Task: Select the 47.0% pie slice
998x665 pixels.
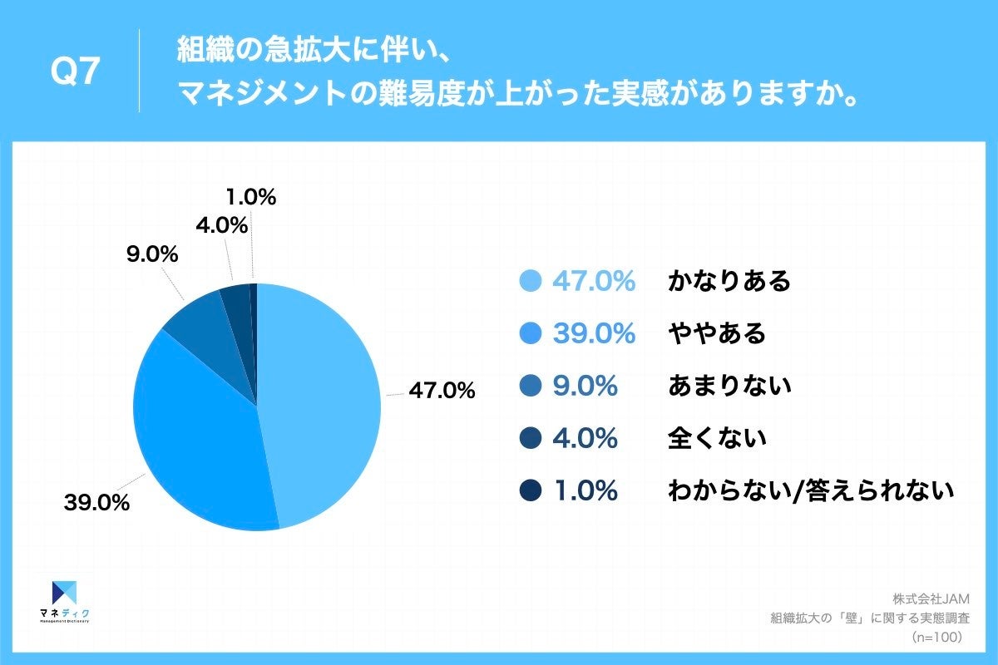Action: pyautogui.click(x=320, y=399)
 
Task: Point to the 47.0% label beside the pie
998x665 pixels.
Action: pyautogui.click(x=441, y=391)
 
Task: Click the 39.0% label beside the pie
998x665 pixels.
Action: pyautogui.click(x=96, y=502)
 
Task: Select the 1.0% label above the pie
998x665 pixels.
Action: pyautogui.click(x=250, y=198)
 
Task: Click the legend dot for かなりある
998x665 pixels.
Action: pyautogui.click(x=530, y=281)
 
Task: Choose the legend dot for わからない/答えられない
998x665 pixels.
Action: pyautogui.click(x=530, y=490)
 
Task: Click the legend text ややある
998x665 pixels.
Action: pyautogui.click(x=717, y=333)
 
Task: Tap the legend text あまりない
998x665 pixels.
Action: pyautogui.click(x=729, y=386)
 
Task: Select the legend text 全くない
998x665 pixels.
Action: pyautogui.click(x=717, y=438)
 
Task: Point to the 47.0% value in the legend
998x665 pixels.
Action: pyautogui.click(x=594, y=281)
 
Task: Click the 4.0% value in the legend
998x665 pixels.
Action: pyautogui.click(x=585, y=438)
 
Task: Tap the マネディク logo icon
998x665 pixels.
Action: pyautogui.click(x=65, y=592)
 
